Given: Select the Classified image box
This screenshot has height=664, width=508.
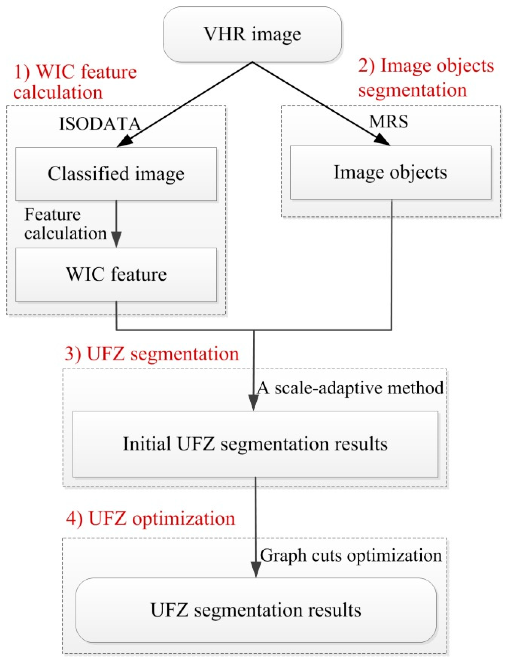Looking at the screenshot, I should pyautogui.click(x=116, y=174).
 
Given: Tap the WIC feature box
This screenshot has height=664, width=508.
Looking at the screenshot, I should pyautogui.click(x=116, y=275).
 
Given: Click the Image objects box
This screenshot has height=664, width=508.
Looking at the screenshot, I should pyautogui.click(x=390, y=172).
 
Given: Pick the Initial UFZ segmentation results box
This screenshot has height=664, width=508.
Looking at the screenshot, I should pyautogui.click(x=255, y=444).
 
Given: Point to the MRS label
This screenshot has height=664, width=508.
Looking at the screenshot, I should pyautogui.click(x=389, y=122).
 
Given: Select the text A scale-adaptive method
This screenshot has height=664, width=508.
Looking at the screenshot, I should pyautogui.click(x=350, y=388).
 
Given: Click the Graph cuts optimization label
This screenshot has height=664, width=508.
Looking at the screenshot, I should pyautogui.click(x=351, y=555).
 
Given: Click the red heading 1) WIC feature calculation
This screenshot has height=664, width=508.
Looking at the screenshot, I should pyautogui.click(x=75, y=82).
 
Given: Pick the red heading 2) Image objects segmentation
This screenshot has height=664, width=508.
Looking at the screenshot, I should pyautogui.click(x=426, y=78).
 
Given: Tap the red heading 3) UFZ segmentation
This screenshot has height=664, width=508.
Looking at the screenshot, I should pyautogui.click(x=151, y=354).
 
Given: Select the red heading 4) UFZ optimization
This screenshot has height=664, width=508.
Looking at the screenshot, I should pyautogui.click(x=150, y=519).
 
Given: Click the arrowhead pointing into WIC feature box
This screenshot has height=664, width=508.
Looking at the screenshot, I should pyautogui.click(x=116, y=239).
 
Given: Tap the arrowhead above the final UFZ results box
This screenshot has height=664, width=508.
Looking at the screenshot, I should pyautogui.click(x=256, y=569).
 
